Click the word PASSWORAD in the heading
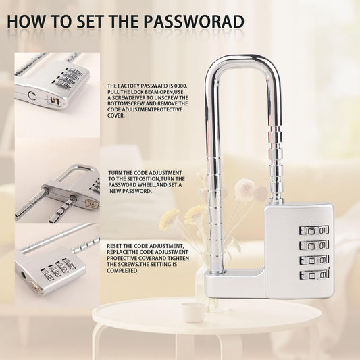(194, 22)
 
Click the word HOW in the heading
(26, 22)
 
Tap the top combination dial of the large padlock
(314, 230)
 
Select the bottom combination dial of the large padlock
(314, 275)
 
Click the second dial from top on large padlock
(314, 245)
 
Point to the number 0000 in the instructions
(181, 86)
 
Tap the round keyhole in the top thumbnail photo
(32, 95)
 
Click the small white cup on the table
(193, 312)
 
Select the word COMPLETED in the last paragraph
(123, 271)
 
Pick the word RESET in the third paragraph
(114, 246)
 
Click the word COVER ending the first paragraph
(116, 115)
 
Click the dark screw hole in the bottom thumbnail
(24, 274)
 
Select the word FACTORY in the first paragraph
(128, 86)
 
